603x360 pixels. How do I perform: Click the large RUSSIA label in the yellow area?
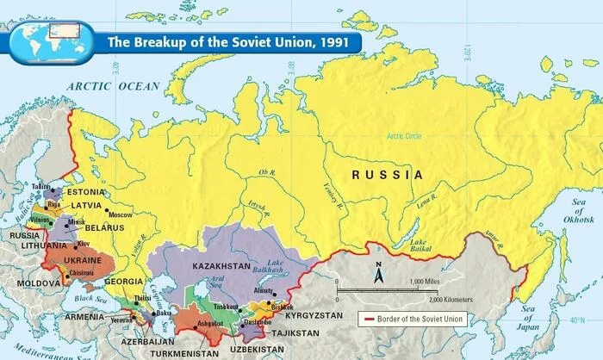tap(388, 175)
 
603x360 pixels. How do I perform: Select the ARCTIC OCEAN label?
tap(115, 86)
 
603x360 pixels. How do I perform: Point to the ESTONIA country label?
tap(83, 192)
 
